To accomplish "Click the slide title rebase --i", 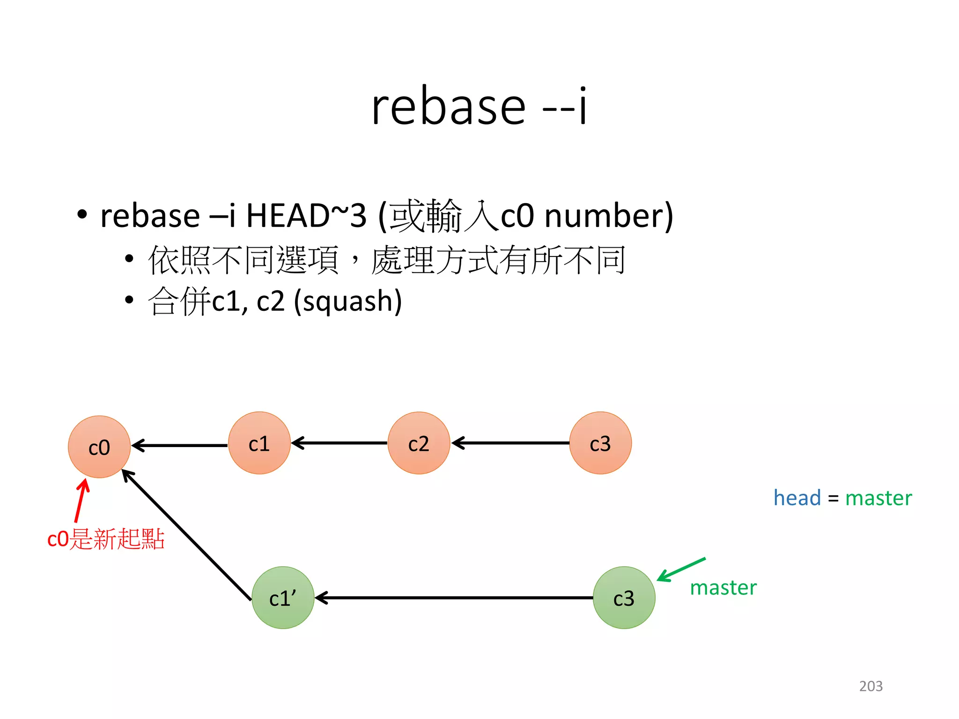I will tap(479, 107).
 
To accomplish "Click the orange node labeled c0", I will tap(99, 447).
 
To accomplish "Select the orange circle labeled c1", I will tap(259, 443).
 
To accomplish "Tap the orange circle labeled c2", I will tap(419, 443).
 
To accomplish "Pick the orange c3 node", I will tap(600, 443).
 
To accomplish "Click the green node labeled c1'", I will tap(283, 598).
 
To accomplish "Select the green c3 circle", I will tap(624, 598).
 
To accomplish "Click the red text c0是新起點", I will tap(106, 539).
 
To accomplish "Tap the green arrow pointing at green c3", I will tap(681, 569).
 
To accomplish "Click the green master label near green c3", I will tap(723, 587).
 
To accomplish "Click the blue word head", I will tap(797, 498).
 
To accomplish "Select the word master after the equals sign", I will tap(878, 498).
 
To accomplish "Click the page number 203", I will tap(870, 686).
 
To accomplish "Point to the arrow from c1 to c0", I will tap(180, 445).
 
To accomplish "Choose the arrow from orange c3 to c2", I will tap(510, 443).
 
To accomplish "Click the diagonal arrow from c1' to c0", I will tap(187, 536).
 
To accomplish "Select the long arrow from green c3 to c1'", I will tap(454, 598).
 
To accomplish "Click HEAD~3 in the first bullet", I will tap(306, 216).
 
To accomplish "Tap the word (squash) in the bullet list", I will tap(348, 301).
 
